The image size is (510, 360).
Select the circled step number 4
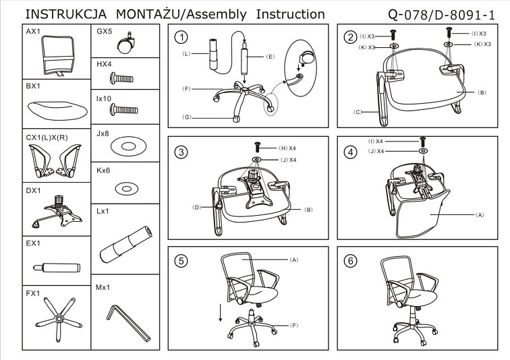[349, 152]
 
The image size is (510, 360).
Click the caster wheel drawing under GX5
[125, 45]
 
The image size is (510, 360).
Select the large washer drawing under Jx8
[125, 146]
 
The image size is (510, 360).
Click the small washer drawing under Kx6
[125, 187]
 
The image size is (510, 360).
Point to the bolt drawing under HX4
[125, 78]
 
